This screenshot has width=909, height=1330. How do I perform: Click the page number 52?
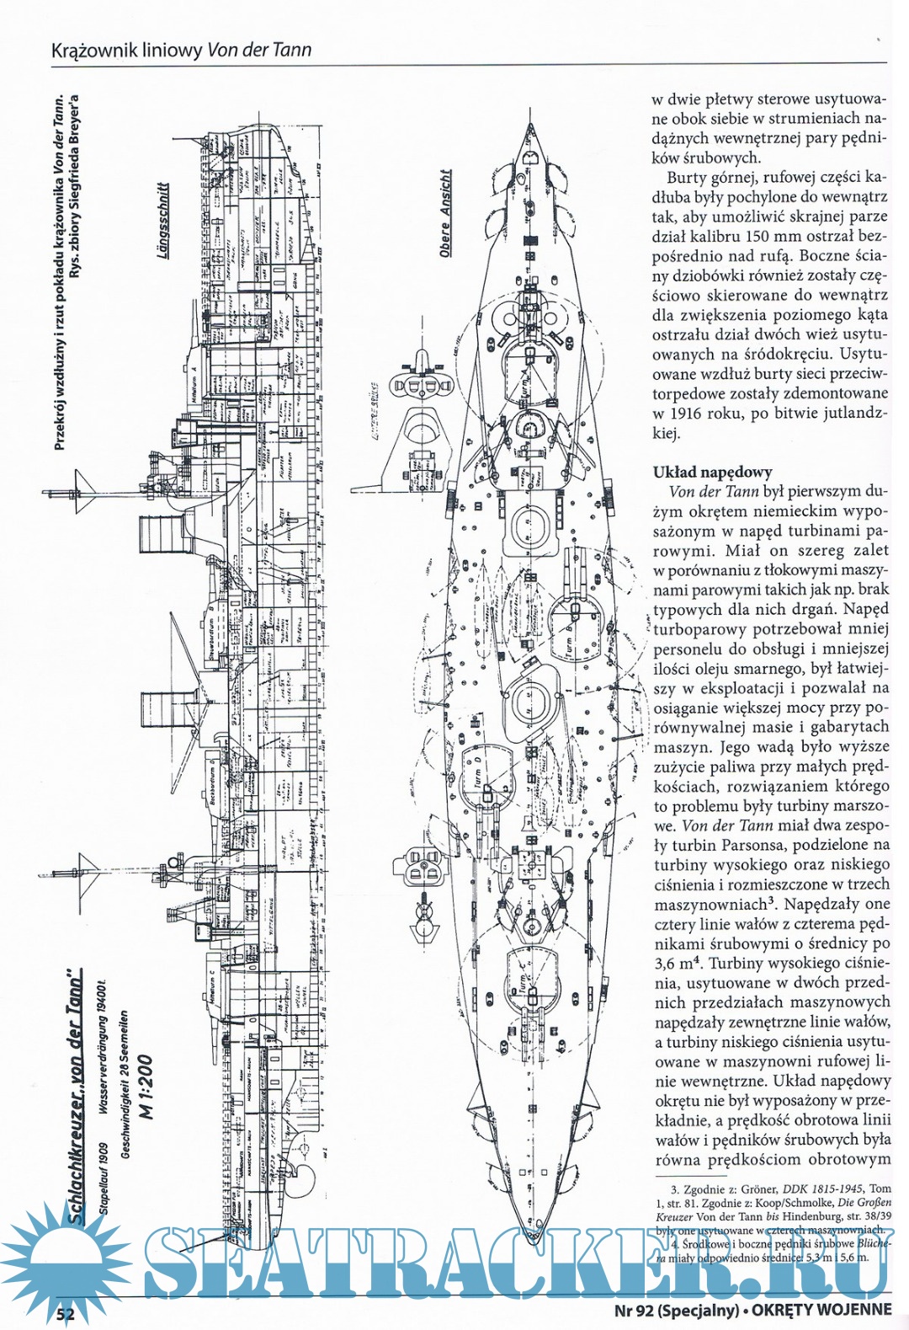coord(65,1313)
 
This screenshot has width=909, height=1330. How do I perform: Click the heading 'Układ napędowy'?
coord(712,472)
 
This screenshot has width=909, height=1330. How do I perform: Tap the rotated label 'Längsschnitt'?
coord(164,220)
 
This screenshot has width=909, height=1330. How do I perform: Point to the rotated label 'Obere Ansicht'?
coord(445,212)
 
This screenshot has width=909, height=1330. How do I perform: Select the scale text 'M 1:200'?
coord(146,1087)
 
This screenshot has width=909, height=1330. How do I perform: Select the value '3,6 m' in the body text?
coord(672,964)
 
